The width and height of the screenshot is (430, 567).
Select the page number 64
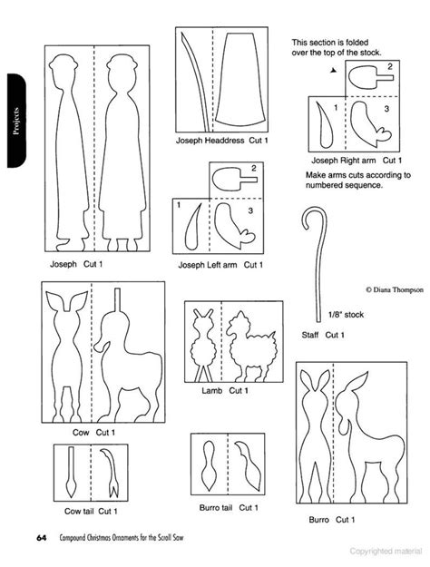click(42, 539)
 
